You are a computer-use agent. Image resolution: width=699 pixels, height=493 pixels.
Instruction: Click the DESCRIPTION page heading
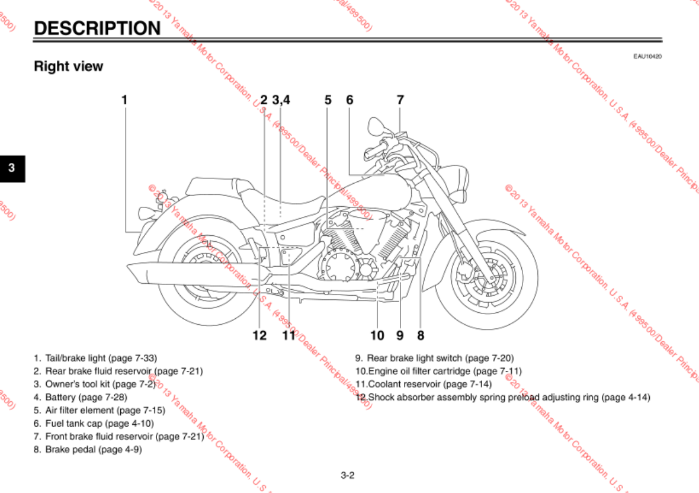(x=97, y=28)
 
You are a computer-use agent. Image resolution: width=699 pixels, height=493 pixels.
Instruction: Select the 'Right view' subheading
(x=68, y=66)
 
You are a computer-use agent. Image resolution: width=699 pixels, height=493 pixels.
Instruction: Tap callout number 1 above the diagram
(x=124, y=100)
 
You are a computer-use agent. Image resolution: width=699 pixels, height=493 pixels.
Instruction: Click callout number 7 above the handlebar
(x=400, y=100)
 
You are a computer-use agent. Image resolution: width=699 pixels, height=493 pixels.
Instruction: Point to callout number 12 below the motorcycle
(x=259, y=336)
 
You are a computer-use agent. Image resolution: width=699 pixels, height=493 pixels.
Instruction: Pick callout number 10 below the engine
(x=377, y=336)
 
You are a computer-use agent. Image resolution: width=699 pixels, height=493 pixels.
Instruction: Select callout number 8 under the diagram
(x=421, y=336)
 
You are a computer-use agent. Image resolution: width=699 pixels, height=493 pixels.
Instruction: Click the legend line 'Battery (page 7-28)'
(x=86, y=397)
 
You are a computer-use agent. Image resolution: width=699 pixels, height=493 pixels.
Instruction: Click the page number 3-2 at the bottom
(x=347, y=475)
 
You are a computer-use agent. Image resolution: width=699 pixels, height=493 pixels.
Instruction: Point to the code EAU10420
(x=647, y=56)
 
